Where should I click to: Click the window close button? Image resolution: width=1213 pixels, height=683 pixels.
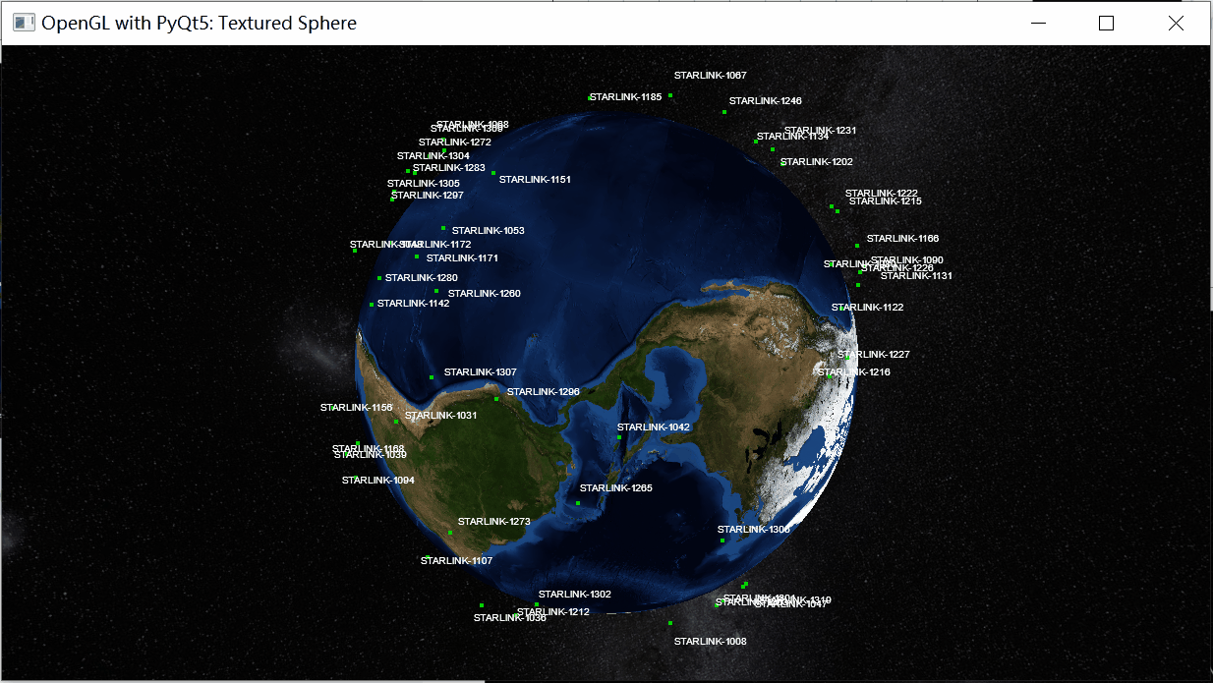point(1176,24)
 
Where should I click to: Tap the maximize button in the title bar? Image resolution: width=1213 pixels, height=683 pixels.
point(1106,24)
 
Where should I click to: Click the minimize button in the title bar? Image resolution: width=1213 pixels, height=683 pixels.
point(1037,24)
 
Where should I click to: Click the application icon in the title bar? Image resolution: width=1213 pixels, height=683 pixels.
point(24,23)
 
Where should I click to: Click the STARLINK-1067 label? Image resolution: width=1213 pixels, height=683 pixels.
point(710,76)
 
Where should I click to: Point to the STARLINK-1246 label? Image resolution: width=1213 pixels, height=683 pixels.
point(765,101)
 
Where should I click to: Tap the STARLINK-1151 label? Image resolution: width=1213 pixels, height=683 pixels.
point(535,180)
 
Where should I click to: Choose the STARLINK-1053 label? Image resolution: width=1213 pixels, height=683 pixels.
point(488,231)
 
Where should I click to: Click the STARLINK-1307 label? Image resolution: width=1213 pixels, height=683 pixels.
point(480,372)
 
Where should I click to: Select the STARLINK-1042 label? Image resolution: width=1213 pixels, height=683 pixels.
point(653,427)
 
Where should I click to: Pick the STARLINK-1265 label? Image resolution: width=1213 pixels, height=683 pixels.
point(615,488)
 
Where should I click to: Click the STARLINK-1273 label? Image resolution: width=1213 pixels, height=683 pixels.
point(493,522)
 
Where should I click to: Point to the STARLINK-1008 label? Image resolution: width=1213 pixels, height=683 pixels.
point(710,642)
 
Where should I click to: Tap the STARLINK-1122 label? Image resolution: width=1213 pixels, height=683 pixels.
point(867,308)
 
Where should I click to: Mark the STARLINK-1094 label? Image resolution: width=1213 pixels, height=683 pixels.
point(377,481)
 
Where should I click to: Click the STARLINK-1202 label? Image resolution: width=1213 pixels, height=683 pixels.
point(816,162)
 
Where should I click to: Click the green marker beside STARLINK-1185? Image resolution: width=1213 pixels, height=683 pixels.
point(590,97)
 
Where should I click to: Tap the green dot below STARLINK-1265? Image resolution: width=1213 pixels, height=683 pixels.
point(578,503)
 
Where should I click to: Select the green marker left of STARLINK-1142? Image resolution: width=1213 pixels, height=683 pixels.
point(372,305)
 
